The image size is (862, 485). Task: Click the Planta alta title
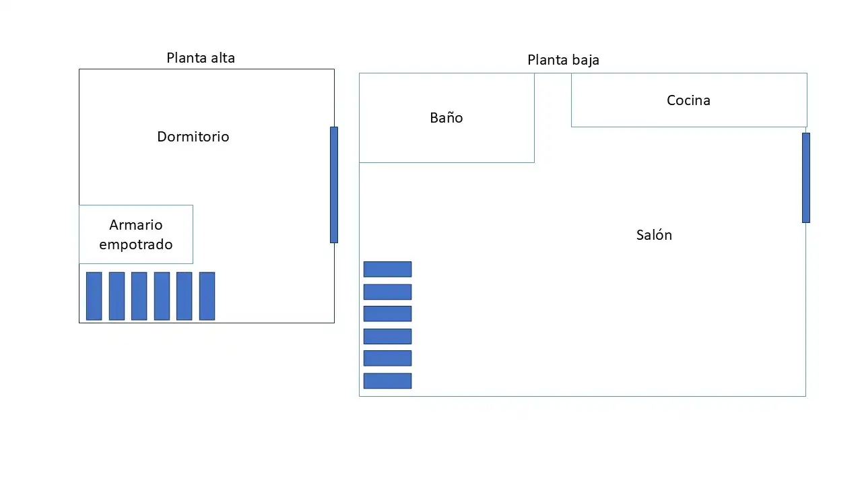point(201,58)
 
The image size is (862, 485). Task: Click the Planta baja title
point(563,60)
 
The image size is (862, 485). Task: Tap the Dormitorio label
point(193,137)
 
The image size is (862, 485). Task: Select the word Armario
point(136,225)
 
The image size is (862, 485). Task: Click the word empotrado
point(136,245)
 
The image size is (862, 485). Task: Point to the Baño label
point(446,117)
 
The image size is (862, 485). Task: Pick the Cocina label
point(688,100)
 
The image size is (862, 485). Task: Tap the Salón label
point(654,235)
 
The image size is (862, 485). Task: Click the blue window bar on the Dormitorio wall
point(334,185)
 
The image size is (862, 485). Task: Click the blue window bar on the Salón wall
point(806,178)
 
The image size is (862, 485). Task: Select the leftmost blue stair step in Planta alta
point(94,296)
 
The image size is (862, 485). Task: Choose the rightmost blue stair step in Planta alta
point(207,296)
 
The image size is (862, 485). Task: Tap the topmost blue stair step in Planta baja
point(387,269)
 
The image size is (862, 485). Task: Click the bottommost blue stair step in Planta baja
point(387,381)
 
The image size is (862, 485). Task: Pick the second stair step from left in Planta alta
point(117,296)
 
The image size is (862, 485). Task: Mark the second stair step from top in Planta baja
point(387,292)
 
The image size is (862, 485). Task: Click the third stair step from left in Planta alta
point(139,296)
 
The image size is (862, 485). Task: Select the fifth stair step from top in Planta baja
point(387,358)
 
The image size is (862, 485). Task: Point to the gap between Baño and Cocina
point(553,100)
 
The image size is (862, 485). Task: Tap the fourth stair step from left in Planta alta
point(162,296)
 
